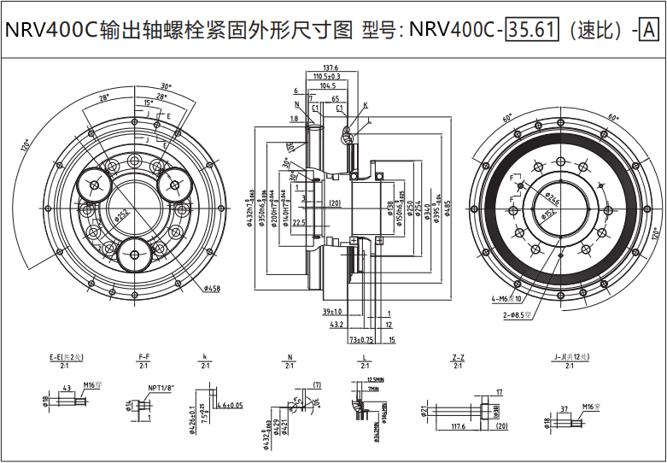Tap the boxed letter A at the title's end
tap(648, 30)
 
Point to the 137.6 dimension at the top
tap(331, 67)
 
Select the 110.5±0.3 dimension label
tap(327, 76)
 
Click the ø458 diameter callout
tap(212, 289)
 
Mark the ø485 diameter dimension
tap(447, 208)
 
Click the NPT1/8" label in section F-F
tap(160, 387)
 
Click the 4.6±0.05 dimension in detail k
tap(230, 405)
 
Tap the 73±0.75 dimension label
tap(362, 340)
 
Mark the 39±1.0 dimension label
tap(333, 312)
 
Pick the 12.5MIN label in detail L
tap(374, 378)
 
